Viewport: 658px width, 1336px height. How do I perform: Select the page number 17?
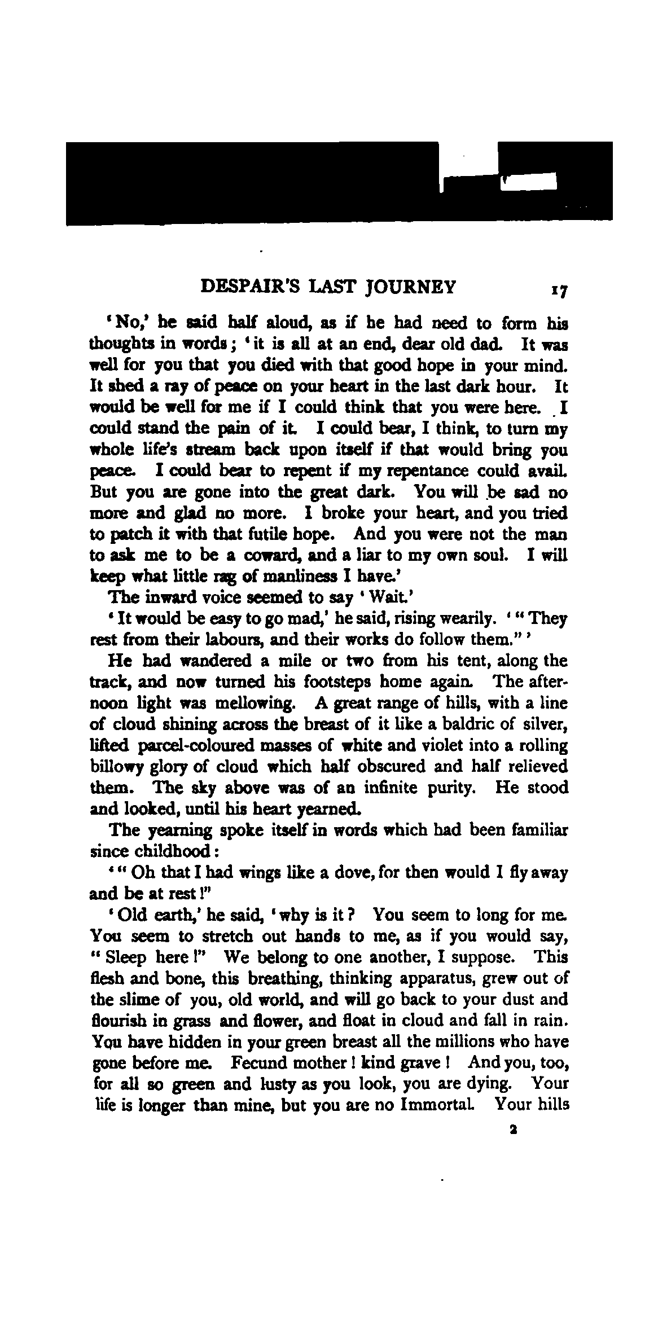tap(559, 291)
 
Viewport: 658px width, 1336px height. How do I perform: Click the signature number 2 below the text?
tap(512, 1130)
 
